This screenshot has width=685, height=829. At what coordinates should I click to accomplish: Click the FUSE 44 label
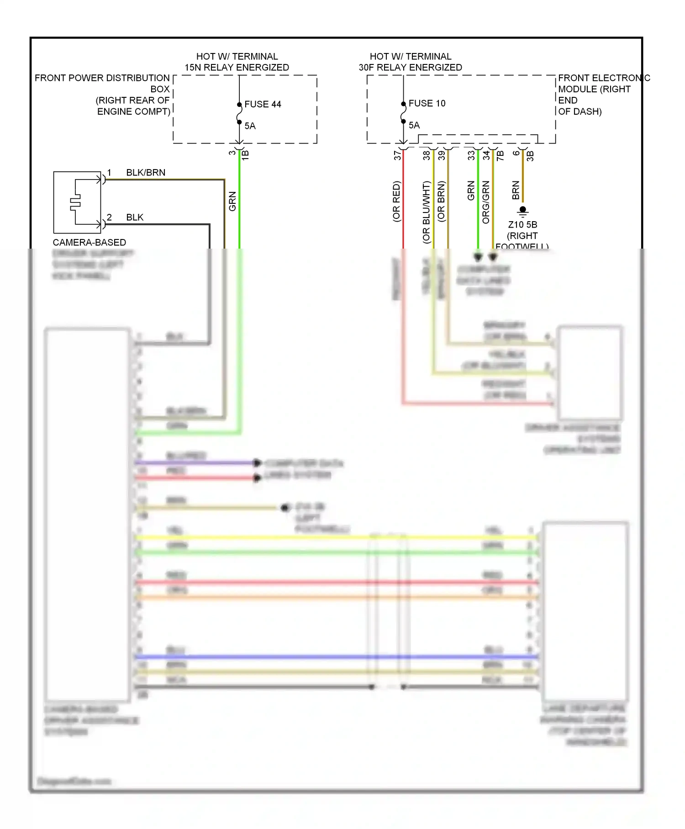pos(263,104)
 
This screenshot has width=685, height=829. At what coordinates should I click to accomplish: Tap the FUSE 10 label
pos(427,103)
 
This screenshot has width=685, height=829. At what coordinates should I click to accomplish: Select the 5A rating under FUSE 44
pos(250,126)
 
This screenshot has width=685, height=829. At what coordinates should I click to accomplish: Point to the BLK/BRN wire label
pos(146,173)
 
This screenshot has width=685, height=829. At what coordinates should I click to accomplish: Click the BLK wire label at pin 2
pos(135,218)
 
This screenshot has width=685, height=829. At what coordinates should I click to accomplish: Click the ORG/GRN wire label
pos(486,202)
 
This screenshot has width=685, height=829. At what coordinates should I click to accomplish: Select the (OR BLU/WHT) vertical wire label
pos(426,212)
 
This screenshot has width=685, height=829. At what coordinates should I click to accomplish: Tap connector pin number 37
pos(397,155)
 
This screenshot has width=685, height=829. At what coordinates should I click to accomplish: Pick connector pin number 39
pos(442,155)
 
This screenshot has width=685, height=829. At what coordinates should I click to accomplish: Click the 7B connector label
pos(501,155)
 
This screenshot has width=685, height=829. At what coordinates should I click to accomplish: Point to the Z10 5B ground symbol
pos(523,211)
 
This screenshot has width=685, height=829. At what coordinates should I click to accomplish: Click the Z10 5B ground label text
pos(522,225)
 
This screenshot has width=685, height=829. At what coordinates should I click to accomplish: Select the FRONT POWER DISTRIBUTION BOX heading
pos(102,78)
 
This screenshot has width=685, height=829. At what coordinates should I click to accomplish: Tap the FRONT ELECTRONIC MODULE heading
pos(604,78)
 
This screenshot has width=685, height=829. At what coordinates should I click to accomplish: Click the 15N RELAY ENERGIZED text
pos(237,68)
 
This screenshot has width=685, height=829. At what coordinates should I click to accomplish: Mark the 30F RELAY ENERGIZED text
pos(410,68)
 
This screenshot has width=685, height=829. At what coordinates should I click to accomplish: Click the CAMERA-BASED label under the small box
pos(90,243)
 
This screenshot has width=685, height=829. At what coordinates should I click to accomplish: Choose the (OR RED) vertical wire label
pos(396,202)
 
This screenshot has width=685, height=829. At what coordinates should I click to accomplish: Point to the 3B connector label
pos(530,155)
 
